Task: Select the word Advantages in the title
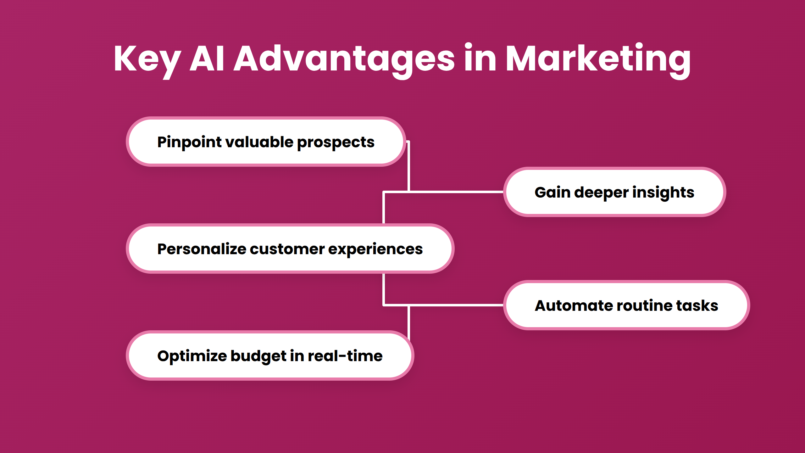344,59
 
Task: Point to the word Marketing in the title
597,59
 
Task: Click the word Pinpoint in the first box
190,142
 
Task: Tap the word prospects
336,142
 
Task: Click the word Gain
552,193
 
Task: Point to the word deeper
601,193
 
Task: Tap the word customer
287,249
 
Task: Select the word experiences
375,249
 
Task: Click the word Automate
574,306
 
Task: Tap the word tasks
697,306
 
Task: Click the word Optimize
192,356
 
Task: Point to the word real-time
345,356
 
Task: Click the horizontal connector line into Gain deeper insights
456,192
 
